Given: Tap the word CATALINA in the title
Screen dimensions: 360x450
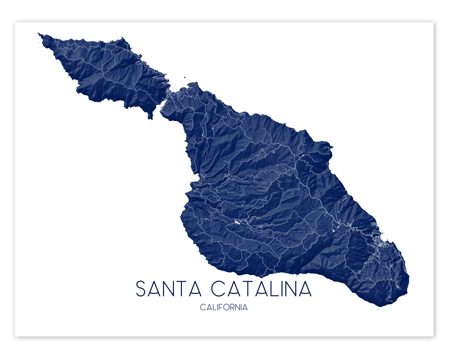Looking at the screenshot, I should point(261,289).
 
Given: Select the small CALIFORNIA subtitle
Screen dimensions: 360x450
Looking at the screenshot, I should point(224,307).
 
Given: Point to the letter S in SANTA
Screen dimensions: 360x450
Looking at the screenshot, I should point(141,289).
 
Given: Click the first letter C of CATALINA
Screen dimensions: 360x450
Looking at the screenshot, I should point(218,289).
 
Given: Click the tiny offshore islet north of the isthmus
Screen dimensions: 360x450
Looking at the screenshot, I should point(184,78).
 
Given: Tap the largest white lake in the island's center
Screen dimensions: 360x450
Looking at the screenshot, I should point(237,222).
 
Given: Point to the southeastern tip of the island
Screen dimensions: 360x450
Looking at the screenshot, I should point(381,306).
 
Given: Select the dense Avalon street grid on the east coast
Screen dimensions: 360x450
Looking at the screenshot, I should point(379,240).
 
